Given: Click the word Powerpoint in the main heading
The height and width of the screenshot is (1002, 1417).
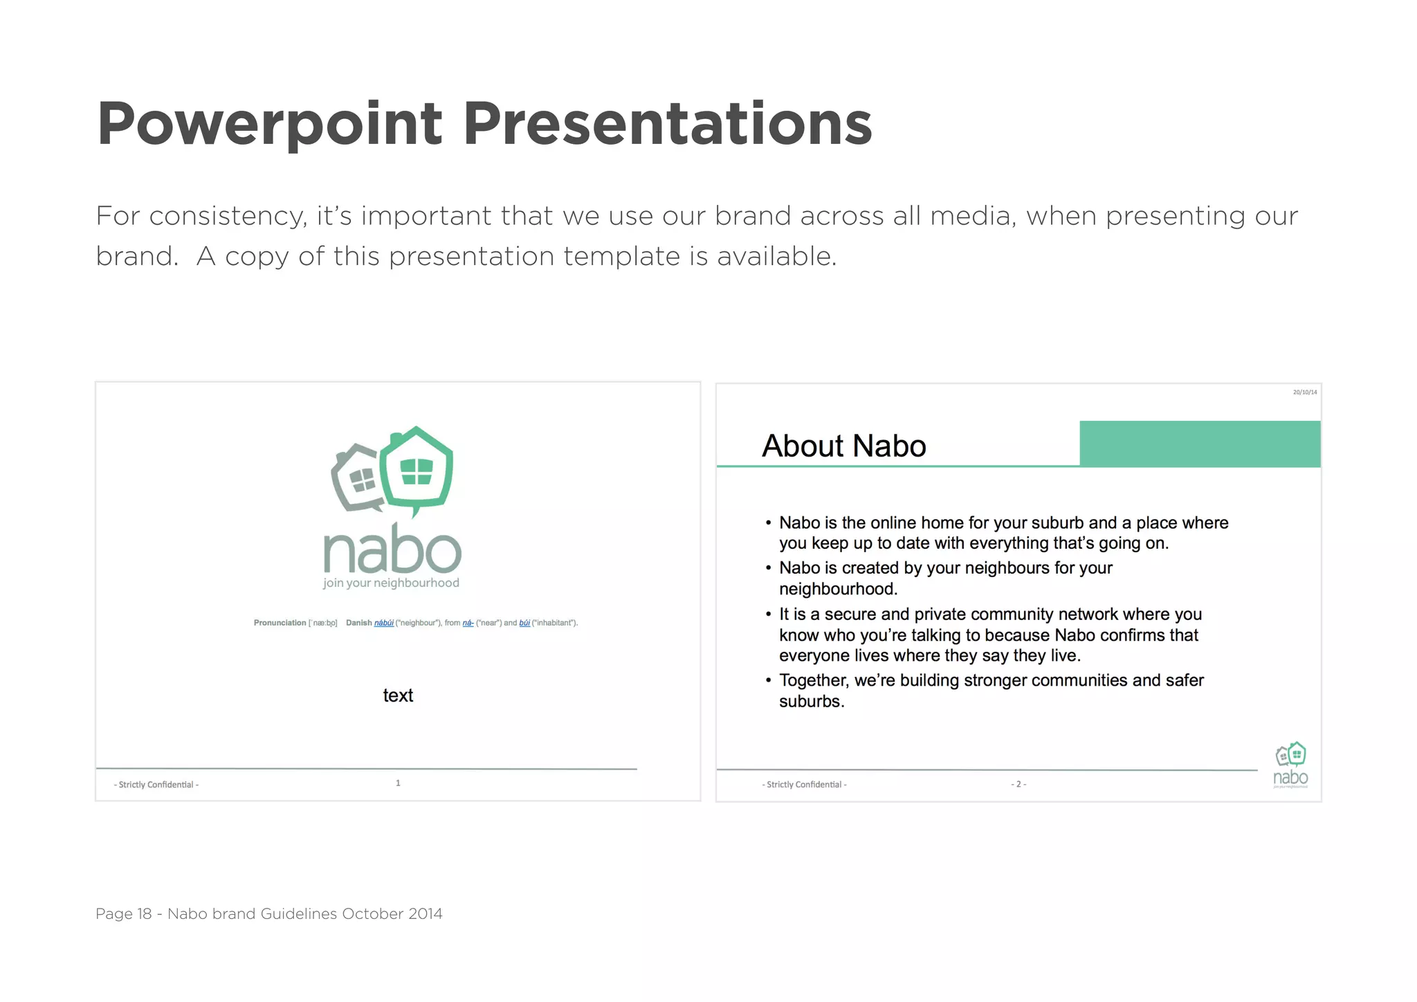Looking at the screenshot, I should (x=270, y=125).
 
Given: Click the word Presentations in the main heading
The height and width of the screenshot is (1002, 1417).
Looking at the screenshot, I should (x=667, y=125).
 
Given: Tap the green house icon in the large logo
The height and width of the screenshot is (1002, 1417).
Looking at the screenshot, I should (x=417, y=468).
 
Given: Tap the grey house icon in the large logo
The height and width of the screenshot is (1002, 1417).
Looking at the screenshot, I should (x=356, y=479).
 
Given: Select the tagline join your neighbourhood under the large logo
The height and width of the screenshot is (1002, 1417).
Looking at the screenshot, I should (x=391, y=583).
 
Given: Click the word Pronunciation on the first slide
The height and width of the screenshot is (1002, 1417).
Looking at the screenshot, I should (x=280, y=623).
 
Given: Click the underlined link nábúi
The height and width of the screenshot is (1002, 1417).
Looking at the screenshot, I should (x=384, y=623).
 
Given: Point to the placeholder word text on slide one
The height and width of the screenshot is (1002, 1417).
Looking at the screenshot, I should (x=398, y=695).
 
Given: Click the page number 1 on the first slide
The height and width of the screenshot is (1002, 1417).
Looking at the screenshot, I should (x=398, y=783).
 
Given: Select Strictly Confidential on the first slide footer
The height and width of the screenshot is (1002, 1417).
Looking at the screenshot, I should (x=156, y=785).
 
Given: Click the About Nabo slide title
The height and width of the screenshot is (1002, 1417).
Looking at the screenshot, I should (x=843, y=446).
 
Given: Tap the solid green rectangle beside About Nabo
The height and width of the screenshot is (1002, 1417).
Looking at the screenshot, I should (x=1199, y=444).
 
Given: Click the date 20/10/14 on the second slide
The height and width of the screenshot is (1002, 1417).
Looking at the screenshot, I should (x=1304, y=392).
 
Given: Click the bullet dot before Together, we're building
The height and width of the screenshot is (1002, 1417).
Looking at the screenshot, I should (x=768, y=681).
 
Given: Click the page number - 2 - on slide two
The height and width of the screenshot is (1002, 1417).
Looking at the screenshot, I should (x=1018, y=785).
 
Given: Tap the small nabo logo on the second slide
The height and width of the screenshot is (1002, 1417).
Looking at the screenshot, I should (x=1290, y=765).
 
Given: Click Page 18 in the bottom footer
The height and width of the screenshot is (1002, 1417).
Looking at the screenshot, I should (x=123, y=913).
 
